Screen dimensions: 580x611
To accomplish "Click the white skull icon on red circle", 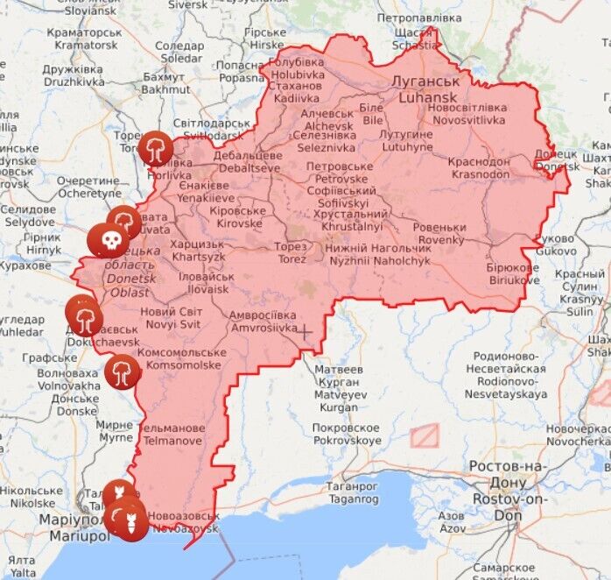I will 109,239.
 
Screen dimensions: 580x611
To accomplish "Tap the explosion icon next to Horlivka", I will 156,147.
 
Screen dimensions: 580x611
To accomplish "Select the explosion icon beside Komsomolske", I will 122,372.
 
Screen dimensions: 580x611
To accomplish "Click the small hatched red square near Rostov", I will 425,435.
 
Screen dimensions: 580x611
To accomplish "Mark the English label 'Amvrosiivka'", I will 263,327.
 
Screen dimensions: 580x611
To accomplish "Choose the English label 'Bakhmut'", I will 165,88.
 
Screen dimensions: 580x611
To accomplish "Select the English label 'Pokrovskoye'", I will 347,441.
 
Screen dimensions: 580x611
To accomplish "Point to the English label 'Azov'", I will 451,528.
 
